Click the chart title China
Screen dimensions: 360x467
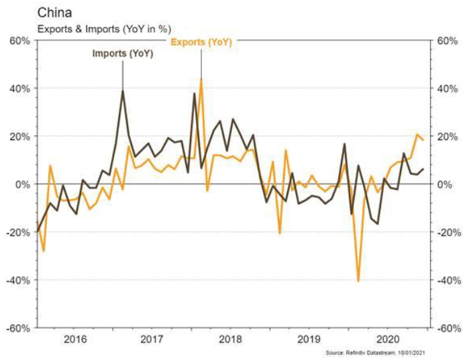click(23, 11)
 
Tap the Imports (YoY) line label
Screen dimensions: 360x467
click(123, 54)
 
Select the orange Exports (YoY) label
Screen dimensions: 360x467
click(201, 42)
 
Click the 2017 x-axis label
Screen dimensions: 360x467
click(154, 339)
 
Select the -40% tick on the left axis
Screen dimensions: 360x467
click(17, 280)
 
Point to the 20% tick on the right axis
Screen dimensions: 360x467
click(446, 137)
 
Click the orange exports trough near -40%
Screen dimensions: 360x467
click(358, 281)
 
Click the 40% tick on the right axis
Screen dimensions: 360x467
click(446, 88)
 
